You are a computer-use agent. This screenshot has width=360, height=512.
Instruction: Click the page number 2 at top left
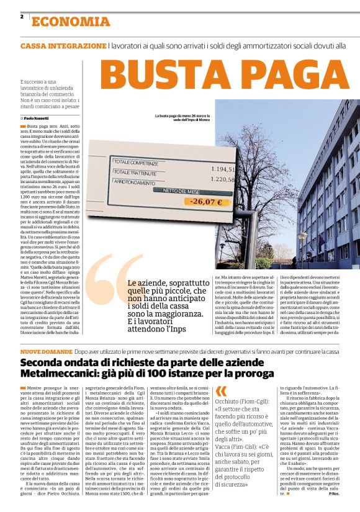[x=22, y=17]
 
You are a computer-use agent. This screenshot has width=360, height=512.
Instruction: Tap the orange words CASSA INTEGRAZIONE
[x=63, y=47]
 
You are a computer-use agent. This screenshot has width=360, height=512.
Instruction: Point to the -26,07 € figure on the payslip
[x=206, y=202]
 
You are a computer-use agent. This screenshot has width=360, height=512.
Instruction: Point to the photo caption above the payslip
[x=182, y=118]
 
